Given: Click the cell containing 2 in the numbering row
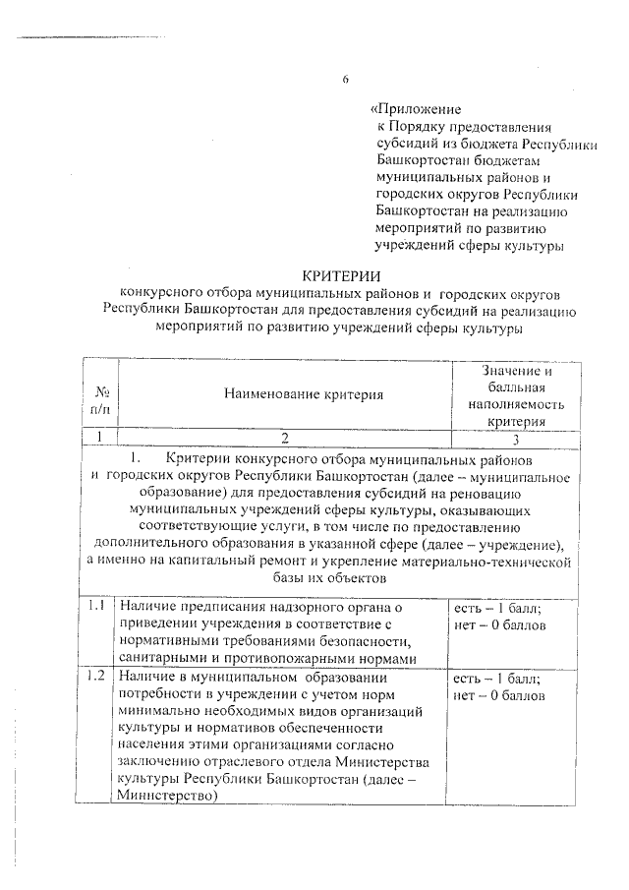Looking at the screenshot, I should coord(285,438).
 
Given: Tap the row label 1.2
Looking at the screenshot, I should coord(95,678).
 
